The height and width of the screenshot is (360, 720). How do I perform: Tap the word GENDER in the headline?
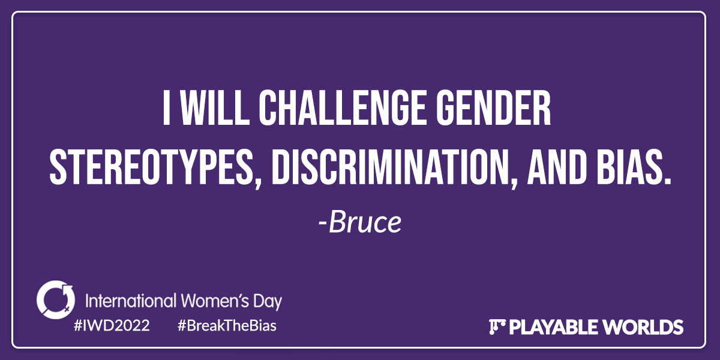click(493, 107)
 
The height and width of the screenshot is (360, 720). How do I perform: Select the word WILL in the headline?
click(214, 107)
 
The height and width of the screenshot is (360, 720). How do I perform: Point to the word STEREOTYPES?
click(150, 167)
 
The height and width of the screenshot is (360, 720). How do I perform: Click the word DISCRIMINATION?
click(392, 167)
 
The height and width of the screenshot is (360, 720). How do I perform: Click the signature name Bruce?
click(365, 222)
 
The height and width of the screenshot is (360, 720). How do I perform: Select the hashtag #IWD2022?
click(112, 326)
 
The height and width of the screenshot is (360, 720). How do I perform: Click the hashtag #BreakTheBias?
click(227, 326)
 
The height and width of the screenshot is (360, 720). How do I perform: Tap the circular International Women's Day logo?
click(56, 299)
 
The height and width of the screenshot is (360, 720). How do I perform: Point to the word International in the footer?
click(131, 301)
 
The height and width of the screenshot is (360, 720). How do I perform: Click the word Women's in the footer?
click(215, 301)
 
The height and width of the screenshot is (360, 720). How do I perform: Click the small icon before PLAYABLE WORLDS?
click(497, 327)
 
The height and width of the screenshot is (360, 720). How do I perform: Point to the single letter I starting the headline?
click(166, 107)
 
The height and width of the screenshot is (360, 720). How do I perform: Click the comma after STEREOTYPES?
click(258, 182)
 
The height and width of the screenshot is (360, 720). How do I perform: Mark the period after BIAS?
click(667, 181)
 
